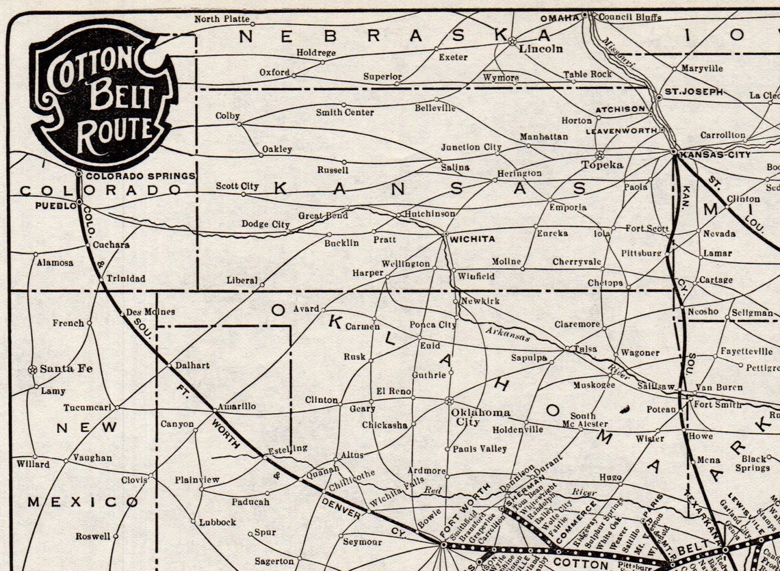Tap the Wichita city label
(x=471, y=239)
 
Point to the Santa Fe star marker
(x=31, y=369)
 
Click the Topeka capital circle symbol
(x=600, y=155)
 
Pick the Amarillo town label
(x=237, y=406)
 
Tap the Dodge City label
(x=265, y=224)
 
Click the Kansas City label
(x=714, y=155)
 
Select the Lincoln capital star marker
(x=511, y=41)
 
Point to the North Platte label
(x=222, y=18)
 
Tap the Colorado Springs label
(x=141, y=176)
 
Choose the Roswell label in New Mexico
(x=92, y=536)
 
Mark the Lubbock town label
(x=218, y=522)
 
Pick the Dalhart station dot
(x=170, y=366)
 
